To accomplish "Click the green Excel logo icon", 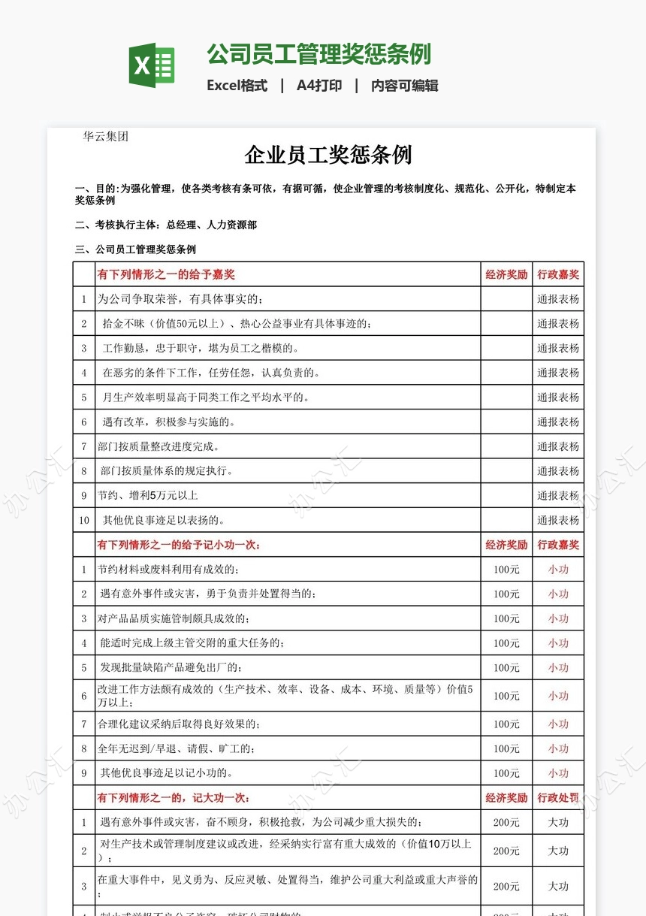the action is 152,65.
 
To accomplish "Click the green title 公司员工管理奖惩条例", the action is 318,54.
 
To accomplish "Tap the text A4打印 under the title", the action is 318,86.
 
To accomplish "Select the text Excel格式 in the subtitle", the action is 237,86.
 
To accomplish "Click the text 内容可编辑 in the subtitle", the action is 404,86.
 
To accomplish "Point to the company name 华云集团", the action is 105,137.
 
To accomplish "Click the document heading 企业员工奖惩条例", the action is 328,156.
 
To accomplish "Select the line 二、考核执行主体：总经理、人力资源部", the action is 166,225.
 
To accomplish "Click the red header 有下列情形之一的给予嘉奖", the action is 166,275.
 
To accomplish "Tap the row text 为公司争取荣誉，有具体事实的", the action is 180,299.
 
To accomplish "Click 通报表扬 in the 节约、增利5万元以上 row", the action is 558,496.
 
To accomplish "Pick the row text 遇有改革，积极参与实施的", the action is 169,422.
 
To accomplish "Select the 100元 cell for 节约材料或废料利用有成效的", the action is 506,570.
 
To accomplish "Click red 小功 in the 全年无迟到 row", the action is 558,748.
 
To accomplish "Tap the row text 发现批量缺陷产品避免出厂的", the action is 171,667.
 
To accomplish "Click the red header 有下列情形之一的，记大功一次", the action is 174,798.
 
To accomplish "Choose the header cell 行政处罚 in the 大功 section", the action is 558,798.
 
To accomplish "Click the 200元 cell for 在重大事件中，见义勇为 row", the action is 506,887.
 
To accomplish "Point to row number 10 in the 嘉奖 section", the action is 84,520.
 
